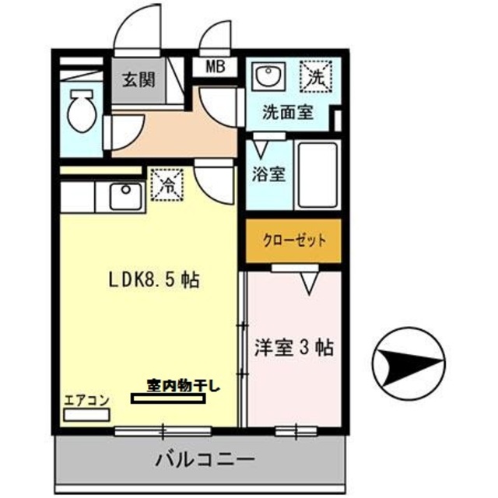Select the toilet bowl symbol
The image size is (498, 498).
coord(80,112)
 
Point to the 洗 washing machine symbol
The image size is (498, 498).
coord(316,76)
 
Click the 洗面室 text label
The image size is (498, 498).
coord(287,112)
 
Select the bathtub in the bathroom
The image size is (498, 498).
coord(316,175)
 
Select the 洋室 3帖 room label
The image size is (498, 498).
coord(294,349)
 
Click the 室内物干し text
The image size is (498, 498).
coord(184,384)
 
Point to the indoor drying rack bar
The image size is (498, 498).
coord(170,399)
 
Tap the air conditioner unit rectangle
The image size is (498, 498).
coord(87,415)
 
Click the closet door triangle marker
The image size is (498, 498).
coord(309,286)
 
